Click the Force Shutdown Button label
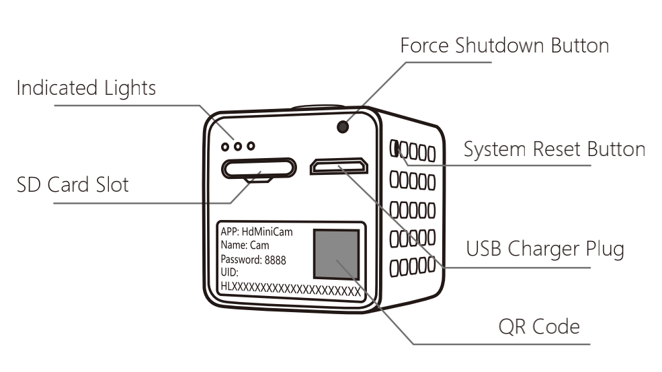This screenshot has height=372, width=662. (505, 46)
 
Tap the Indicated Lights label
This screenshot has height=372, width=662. (86, 88)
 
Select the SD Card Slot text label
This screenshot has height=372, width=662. (73, 185)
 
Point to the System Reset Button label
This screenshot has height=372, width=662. (554, 149)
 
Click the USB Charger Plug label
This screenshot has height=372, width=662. (545, 249)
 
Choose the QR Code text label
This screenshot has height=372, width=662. (539, 327)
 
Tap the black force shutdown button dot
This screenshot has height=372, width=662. (343, 126)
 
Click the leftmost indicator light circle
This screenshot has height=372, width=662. (225, 147)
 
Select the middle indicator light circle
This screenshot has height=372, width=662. (238, 146)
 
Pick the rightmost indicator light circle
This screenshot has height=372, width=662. (251, 146)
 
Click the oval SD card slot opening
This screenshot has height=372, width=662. (259, 168)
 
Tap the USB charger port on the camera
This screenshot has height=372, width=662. (339, 166)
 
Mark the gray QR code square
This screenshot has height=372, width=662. (337, 254)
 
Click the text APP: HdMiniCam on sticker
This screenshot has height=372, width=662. (257, 231)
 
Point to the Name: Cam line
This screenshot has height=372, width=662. (245, 245)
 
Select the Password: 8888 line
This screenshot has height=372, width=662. (253, 260)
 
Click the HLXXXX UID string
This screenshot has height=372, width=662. (291, 290)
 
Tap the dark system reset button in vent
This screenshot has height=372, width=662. (395, 149)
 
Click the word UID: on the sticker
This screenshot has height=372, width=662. (230, 272)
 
